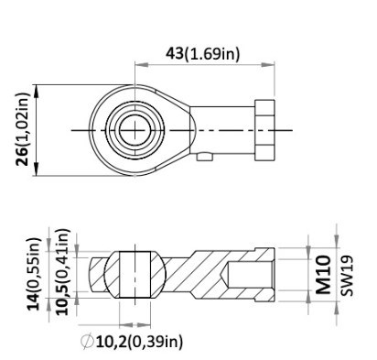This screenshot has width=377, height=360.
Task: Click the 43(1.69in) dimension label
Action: [x=203, y=54]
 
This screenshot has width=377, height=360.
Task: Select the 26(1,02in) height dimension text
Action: [x=22, y=129]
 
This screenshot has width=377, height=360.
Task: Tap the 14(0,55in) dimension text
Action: [x=34, y=274]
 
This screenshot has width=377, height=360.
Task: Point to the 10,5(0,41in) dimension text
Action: [x=63, y=272]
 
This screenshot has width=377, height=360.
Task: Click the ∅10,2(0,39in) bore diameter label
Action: [x=132, y=342]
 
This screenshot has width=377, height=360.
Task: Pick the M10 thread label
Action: [x=323, y=275]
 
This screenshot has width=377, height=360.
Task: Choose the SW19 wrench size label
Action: [x=347, y=276]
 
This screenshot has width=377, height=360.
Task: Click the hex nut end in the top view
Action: [x=264, y=130]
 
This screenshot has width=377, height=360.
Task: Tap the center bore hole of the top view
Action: [x=135, y=130]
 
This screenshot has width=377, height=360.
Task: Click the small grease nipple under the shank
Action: [x=205, y=157]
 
